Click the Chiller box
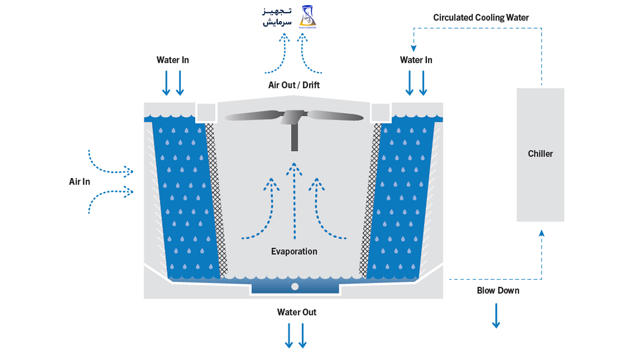click(540, 154)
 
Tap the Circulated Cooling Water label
click(481, 17)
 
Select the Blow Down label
click(498, 290)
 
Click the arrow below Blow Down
click(496, 316)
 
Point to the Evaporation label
click(294, 251)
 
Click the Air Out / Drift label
click(294, 85)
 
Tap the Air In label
click(79, 181)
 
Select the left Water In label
click(172, 60)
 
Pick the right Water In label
click(416, 60)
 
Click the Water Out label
click(296, 312)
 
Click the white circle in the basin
click(295, 286)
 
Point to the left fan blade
click(252, 116)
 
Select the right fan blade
click(335, 115)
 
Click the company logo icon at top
click(307, 16)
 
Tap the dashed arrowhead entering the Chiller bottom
click(541, 232)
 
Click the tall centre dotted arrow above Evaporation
click(294, 200)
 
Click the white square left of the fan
click(206, 111)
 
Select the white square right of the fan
click(380, 111)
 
